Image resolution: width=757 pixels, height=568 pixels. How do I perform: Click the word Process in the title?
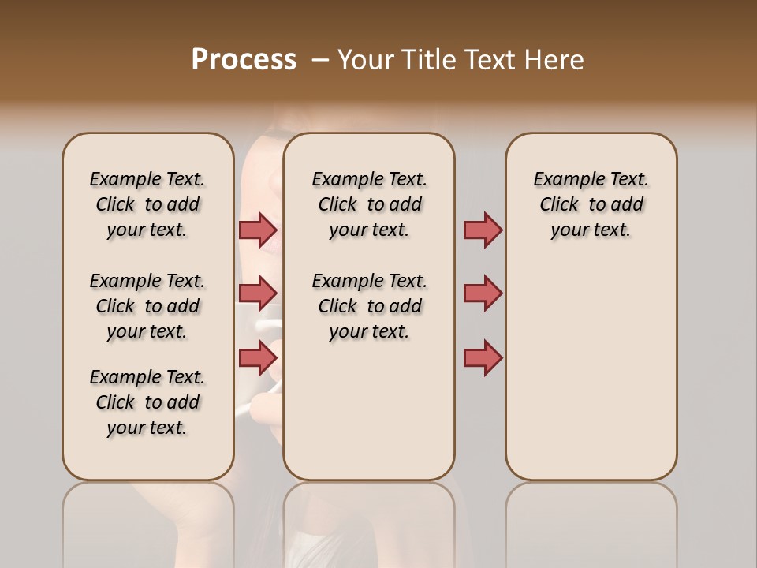[244, 60]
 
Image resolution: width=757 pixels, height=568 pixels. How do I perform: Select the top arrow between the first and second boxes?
[258, 230]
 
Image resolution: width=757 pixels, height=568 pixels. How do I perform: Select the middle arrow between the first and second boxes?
[258, 293]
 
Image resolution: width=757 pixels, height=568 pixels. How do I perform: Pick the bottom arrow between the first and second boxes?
[258, 357]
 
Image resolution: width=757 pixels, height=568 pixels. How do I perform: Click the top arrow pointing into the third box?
[483, 230]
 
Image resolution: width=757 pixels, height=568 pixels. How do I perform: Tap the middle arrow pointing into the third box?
[483, 293]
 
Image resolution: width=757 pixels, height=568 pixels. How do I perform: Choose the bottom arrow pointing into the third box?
[483, 357]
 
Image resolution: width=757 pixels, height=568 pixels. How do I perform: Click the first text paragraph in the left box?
[147, 204]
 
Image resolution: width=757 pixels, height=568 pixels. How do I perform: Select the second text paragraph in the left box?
[147, 306]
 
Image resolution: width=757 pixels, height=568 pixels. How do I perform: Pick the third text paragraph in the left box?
[147, 402]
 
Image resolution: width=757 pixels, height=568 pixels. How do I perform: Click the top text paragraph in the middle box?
[369, 204]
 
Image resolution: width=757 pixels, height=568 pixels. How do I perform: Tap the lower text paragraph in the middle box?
[369, 306]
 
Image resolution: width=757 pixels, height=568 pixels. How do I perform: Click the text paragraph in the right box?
[591, 204]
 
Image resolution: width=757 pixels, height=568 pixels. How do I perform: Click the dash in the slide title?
[321, 60]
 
